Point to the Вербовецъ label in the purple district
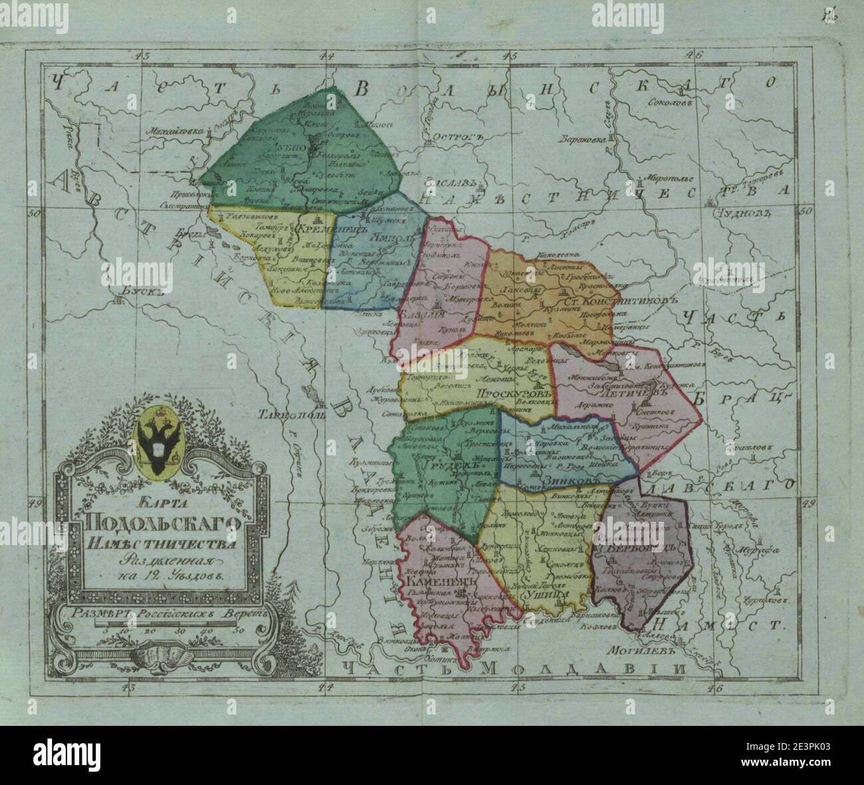(635, 548)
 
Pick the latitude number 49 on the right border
(807, 504)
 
